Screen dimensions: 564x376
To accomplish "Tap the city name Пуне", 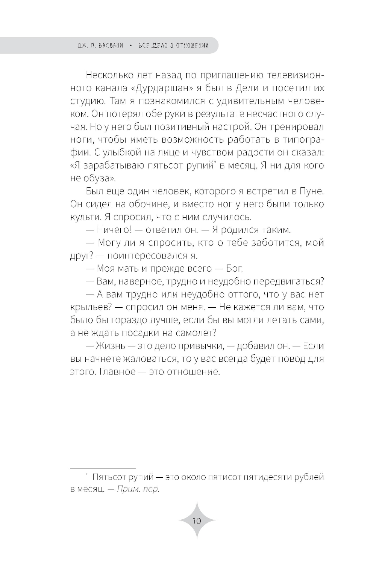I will click(313, 191).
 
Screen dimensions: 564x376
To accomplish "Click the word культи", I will click(82, 217).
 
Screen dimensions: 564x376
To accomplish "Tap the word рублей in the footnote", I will click(308, 477).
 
